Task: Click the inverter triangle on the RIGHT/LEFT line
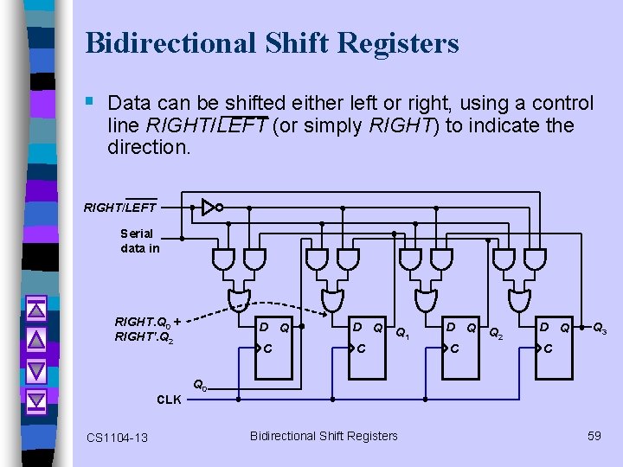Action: pyautogui.click(x=207, y=208)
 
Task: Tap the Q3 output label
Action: pyautogui.click(x=599, y=328)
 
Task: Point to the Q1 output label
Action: pyautogui.click(x=402, y=333)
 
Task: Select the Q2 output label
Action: pyautogui.click(x=496, y=333)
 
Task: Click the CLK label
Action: pyautogui.click(x=169, y=400)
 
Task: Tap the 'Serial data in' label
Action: pyautogui.click(x=139, y=240)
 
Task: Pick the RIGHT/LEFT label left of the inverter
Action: pyautogui.click(x=119, y=207)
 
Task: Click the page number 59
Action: pyautogui.click(x=594, y=436)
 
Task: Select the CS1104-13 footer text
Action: pyautogui.click(x=118, y=438)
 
